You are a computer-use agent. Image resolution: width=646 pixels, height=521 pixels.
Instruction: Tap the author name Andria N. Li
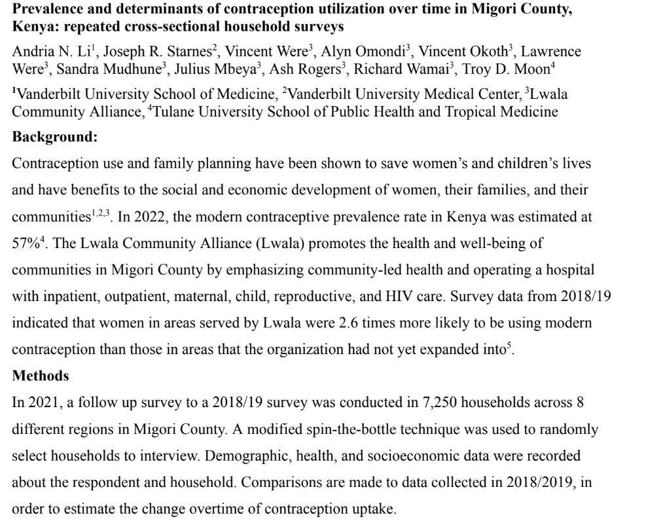[x=45, y=52]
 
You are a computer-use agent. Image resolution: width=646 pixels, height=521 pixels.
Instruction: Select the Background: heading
[x=54, y=138]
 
